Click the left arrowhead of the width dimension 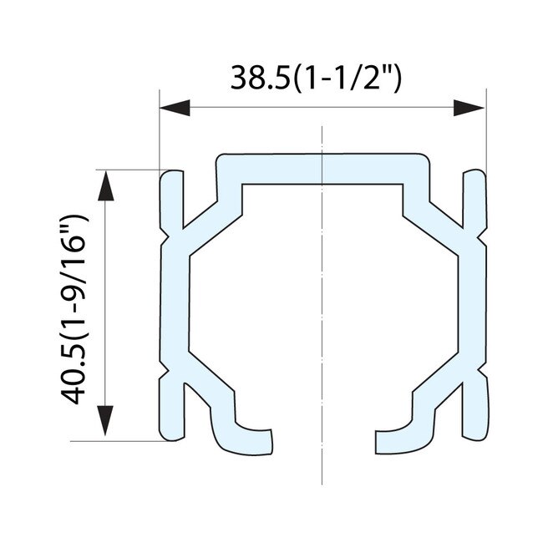click(x=175, y=109)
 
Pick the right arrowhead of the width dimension click(x=469, y=109)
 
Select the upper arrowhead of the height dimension click(x=106, y=185)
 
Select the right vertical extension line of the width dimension click(x=485, y=125)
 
